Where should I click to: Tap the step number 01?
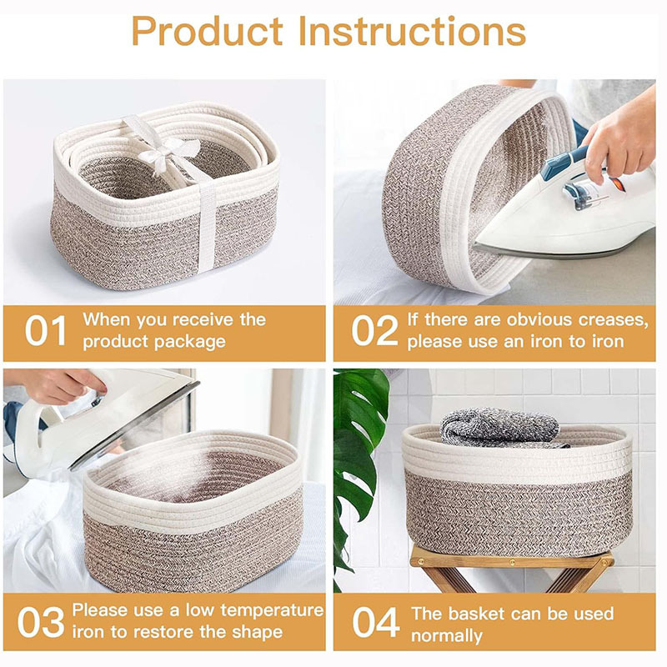tap(45, 331)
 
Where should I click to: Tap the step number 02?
tap(374, 331)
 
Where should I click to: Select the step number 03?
tap(39, 623)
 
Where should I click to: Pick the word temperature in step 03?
tap(268, 610)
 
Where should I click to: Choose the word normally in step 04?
tap(446, 636)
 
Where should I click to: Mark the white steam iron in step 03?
tap(92, 417)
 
